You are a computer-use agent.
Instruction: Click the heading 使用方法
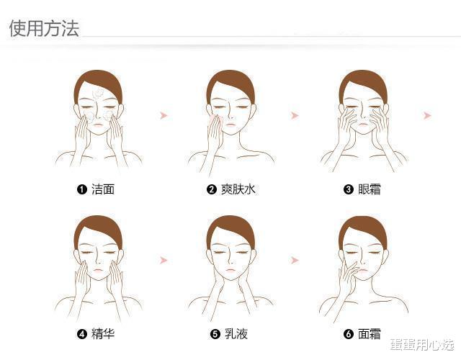[x=44, y=29]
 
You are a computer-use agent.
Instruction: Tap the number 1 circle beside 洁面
[x=81, y=189]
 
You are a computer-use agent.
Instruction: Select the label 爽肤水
[x=238, y=189]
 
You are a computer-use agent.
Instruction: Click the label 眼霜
[x=370, y=189]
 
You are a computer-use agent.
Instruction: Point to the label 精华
[x=103, y=334]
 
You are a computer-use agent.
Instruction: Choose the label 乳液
[x=236, y=334]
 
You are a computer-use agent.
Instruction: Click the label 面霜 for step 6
[x=370, y=334]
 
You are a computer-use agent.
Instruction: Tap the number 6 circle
[x=349, y=334]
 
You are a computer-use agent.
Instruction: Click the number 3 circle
[x=349, y=189]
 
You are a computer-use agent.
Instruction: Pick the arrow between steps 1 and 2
[x=164, y=115]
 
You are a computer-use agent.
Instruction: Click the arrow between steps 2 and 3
[x=295, y=115]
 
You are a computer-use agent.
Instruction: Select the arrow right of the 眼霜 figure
[x=427, y=115]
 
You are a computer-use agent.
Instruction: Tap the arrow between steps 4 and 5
[x=164, y=260]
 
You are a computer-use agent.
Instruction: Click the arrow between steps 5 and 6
[x=295, y=260]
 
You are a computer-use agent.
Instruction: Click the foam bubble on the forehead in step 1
[x=97, y=93]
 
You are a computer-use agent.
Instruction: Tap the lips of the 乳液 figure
[x=230, y=270]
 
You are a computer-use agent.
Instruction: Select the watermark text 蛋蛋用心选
[x=422, y=344]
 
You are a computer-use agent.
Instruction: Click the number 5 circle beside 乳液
[x=215, y=334]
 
